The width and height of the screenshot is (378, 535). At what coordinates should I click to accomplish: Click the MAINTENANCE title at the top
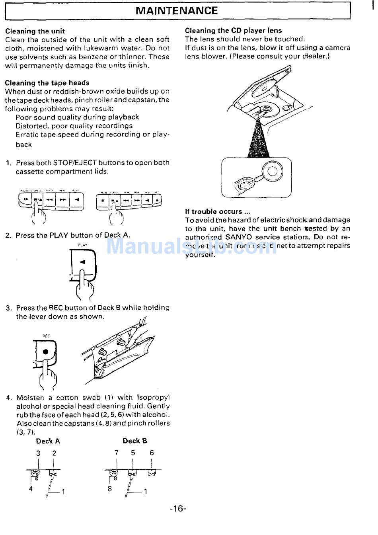177,11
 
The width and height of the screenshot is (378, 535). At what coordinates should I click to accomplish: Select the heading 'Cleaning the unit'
35,31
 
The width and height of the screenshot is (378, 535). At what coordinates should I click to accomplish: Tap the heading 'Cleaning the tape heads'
47,83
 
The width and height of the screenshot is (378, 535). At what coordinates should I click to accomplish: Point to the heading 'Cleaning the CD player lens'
233,30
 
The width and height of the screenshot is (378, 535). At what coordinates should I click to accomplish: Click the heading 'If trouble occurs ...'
217,211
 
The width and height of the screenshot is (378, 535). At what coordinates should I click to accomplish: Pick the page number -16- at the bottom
178,508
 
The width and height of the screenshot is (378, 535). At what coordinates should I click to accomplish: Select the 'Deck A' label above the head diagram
48,441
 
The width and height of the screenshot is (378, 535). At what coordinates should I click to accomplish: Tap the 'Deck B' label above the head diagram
134,441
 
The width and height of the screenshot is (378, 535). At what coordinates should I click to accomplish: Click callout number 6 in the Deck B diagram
152,453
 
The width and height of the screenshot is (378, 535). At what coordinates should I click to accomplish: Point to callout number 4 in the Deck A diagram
31,489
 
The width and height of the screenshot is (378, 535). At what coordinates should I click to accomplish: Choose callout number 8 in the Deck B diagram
110,489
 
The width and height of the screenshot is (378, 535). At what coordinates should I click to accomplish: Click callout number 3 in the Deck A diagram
38,453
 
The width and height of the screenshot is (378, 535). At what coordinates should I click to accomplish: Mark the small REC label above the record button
47,336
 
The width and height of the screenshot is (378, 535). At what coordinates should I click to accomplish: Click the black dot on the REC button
46,351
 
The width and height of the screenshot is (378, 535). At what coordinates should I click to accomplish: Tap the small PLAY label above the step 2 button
83,245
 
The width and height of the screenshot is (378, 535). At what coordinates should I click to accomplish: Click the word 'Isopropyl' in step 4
153,397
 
